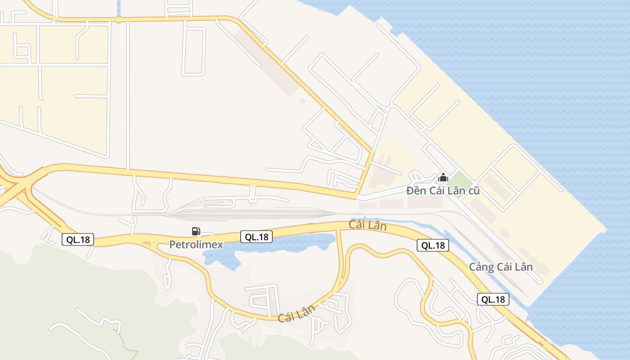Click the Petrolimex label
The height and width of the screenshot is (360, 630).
[x=196, y=244]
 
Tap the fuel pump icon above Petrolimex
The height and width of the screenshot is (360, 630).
[x=196, y=231]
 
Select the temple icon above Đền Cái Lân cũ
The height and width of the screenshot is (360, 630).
[x=443, y=177]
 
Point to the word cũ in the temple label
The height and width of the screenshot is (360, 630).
[x=473, y=191]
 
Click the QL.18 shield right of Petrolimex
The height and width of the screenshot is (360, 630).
[x=256, y=237]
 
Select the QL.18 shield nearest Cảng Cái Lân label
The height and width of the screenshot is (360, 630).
[x=493, y=299]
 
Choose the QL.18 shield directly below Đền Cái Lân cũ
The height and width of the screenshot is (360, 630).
[x=433, y=245]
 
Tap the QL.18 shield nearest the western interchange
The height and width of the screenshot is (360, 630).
[x=78, y=239]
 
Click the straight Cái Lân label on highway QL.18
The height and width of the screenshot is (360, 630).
[x=368, y=225]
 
